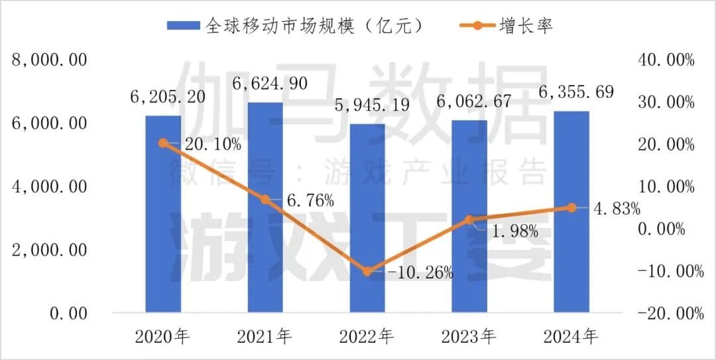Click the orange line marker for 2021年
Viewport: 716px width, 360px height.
tap(265, 199)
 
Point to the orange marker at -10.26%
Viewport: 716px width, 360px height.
tap(367, 271)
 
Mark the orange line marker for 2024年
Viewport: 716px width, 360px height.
tap(571, 208)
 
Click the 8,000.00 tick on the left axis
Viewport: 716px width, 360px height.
tap(50, 60)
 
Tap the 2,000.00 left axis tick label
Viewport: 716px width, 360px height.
tap(50, 250)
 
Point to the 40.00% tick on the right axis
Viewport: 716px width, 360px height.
tap(665, 60)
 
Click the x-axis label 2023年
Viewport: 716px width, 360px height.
tap(469, 337)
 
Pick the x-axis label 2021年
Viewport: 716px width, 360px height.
tap(265, 337)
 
